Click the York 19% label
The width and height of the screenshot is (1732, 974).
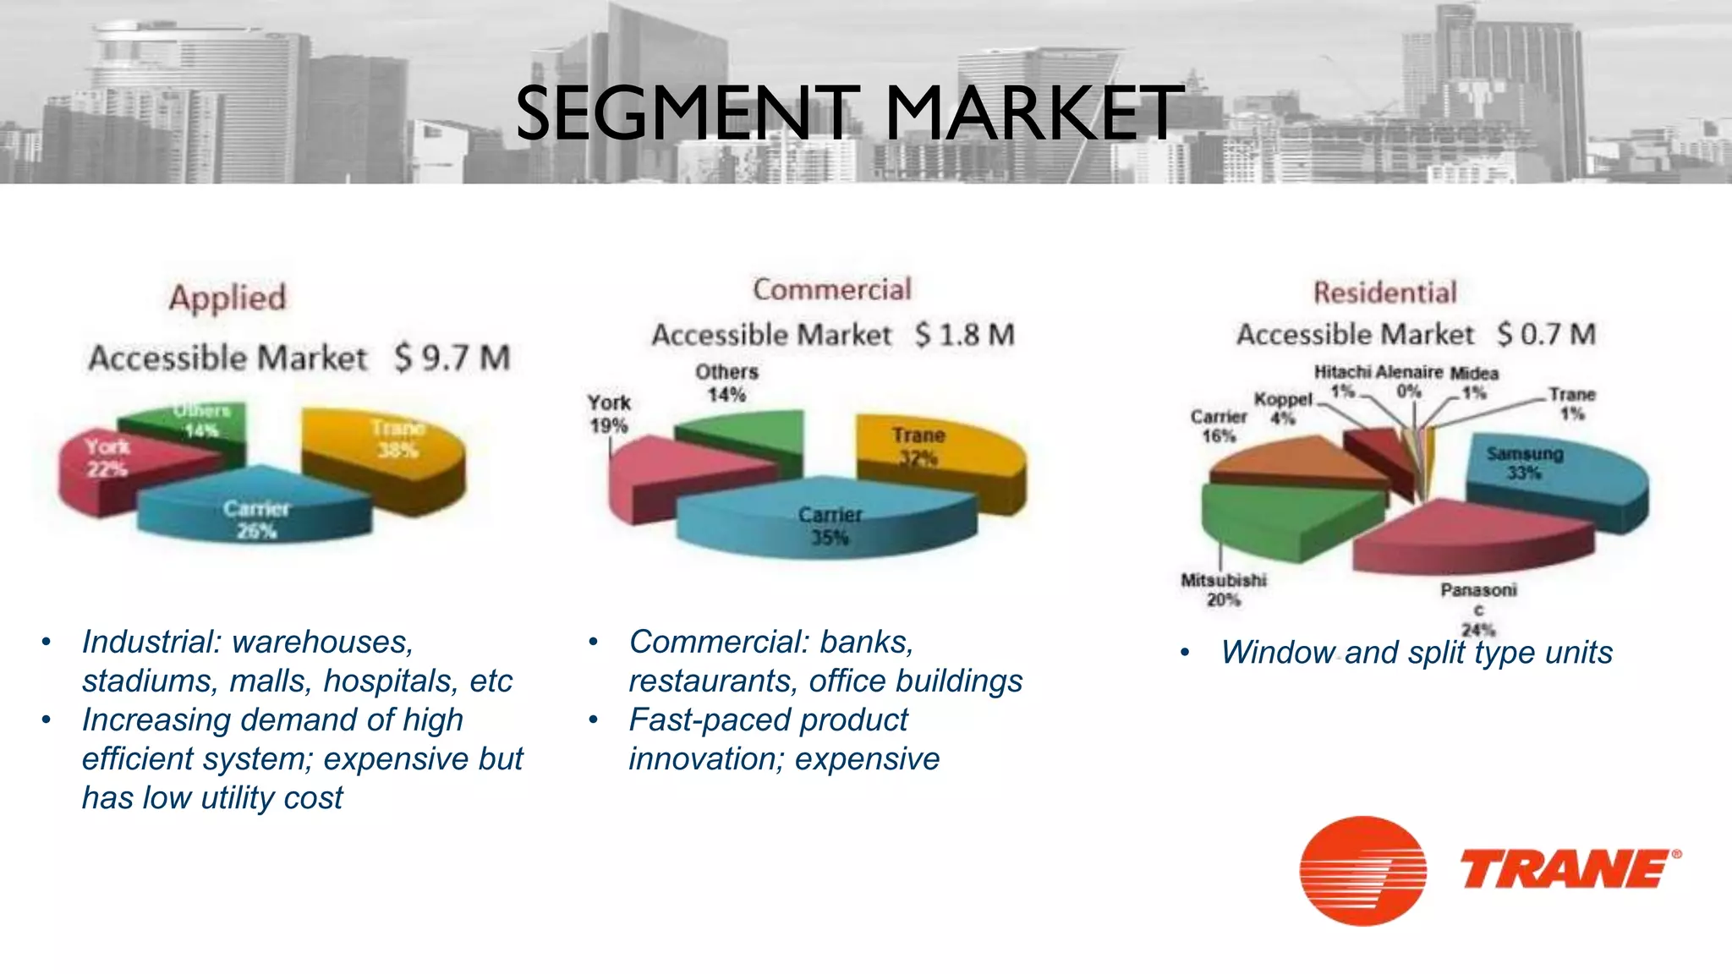point(609,414)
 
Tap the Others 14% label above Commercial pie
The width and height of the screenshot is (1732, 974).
point(726,383)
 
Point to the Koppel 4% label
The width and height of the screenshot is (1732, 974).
point(1283,408)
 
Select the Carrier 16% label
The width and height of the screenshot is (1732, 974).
point(1219,426)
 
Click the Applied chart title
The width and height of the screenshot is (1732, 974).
point(227,298)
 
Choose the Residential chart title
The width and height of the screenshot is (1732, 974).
point(1384,293)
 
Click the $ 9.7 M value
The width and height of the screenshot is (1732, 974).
point(452,358)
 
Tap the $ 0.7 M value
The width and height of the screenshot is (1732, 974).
point(1546,334)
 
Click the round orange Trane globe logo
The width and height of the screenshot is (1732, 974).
point(1362,871)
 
